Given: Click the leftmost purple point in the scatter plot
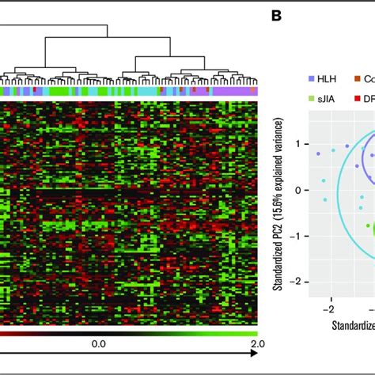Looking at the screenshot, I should point(318,153).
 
